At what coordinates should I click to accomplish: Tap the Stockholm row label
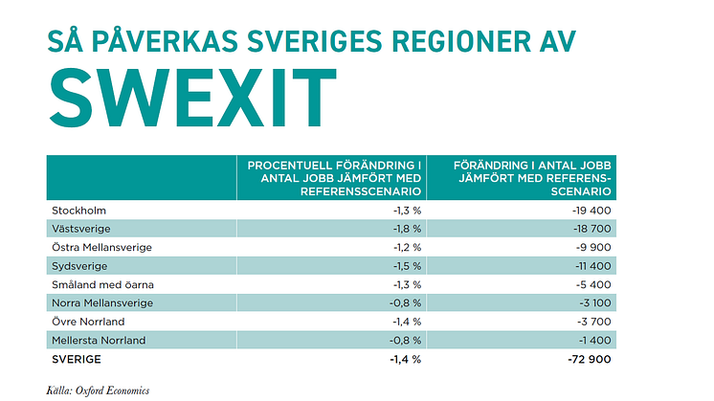(78, 210)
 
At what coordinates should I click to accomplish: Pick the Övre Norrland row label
(87, 322)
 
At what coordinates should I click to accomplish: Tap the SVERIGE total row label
(76, 359)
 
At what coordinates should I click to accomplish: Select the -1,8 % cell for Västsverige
(407, 228)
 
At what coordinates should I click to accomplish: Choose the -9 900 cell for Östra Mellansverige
(592, 247)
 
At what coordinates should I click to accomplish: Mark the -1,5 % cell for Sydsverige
(407, 265)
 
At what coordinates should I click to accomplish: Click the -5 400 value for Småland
(592, 284)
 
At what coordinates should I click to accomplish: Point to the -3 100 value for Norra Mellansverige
(592, 302)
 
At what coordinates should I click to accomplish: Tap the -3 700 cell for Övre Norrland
(592, 322)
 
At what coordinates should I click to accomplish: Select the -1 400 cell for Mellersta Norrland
(593, 340)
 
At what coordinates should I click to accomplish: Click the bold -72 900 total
(589, 359)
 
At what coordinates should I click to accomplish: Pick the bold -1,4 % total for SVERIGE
(406, 359)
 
